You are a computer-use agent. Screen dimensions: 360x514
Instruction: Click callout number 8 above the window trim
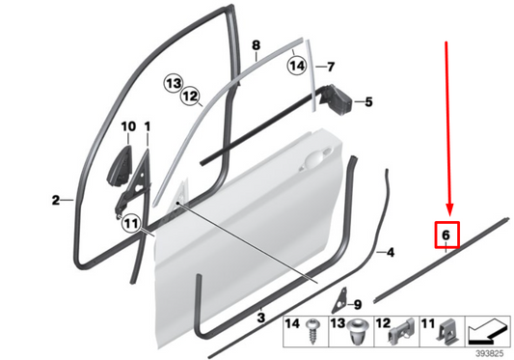pos(256,45)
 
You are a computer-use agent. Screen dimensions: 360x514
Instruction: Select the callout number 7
pos(330,68)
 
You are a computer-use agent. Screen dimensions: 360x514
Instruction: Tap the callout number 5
pos(367,100)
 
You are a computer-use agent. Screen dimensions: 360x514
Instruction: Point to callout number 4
pos(390,253)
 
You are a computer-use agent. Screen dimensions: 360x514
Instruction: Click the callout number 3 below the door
pos(260,316)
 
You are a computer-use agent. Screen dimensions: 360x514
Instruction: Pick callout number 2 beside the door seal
pos(55,201)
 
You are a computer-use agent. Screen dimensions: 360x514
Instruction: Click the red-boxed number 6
pos(446,235)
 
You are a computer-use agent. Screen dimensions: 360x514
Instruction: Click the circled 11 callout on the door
pos(133,226)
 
